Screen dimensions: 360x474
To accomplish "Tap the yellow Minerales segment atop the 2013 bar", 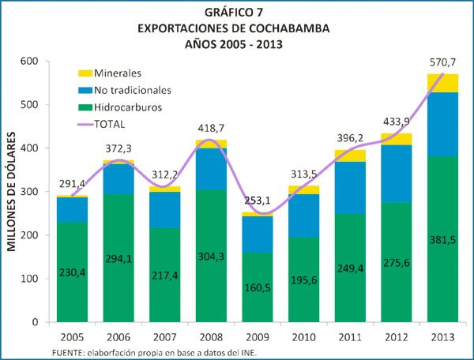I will pos(443,83).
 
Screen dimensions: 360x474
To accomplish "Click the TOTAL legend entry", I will pos(110,124).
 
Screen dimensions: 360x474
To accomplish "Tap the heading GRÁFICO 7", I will pos(236,13).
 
